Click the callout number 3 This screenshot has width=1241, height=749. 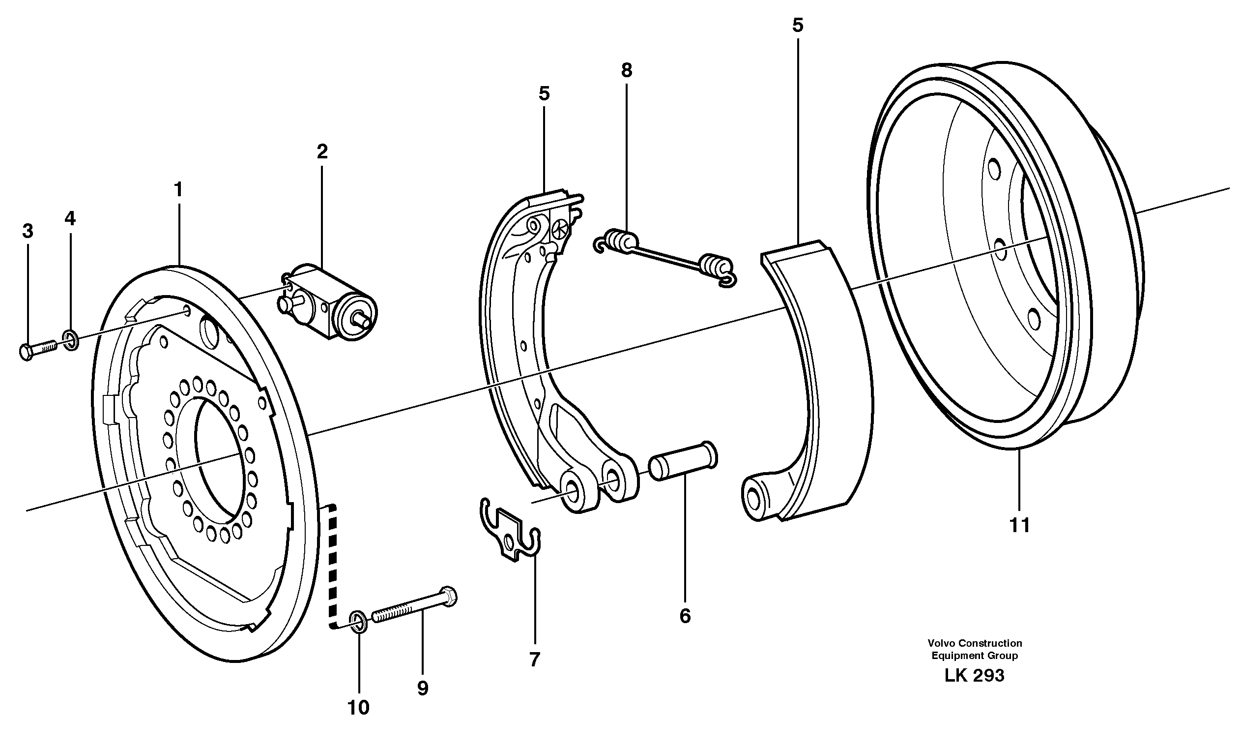[x=28, y=231]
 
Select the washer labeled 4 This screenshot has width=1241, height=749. [x=70, y=340]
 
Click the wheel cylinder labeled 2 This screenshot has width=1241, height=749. [x=330, y=304]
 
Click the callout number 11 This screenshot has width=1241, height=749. [x=1020, y=526]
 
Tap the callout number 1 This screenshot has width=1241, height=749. [x=178, y=190]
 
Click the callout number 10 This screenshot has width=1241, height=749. [x=359, y=708]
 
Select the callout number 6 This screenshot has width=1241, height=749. [x=685, y=616]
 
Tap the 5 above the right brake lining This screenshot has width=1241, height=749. [x=798, y=26]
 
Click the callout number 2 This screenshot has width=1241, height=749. [x=322, y=151]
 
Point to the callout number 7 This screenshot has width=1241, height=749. [x=535, y=659]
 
